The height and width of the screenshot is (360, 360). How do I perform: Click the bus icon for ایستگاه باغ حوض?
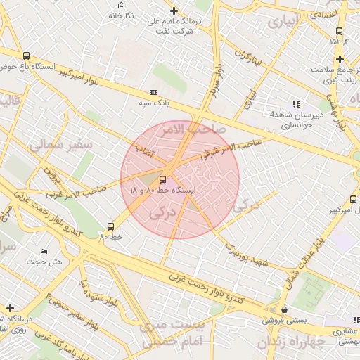click(27, 56)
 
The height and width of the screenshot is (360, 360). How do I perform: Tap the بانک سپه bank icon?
click(153, 92)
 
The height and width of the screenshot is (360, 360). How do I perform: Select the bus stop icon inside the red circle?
click(163, 179)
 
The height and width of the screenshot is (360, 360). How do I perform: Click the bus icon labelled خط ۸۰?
click(110, 226)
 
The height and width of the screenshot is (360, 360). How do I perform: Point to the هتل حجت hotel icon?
click(44, 251)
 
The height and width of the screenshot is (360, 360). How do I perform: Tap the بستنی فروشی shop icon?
click(283, 309)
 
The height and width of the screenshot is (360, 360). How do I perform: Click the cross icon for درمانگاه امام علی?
click(174, 11)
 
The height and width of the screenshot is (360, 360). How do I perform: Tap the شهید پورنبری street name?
click(247, 254)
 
